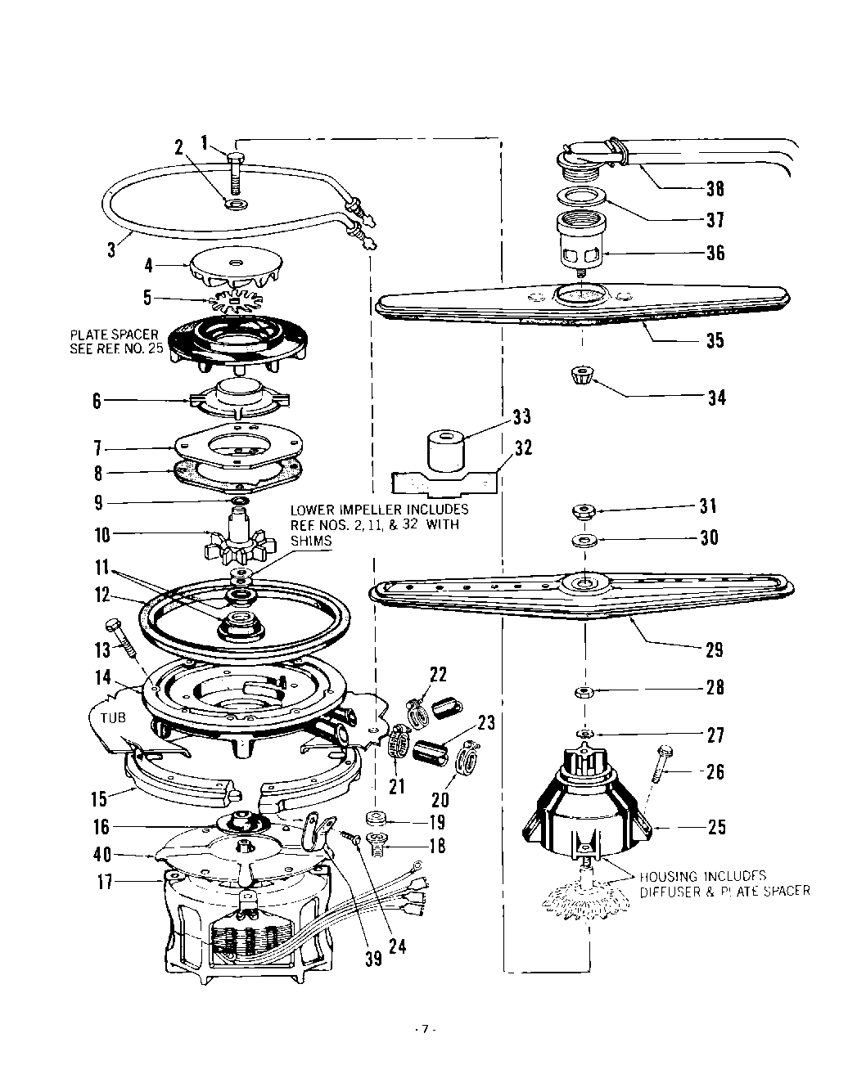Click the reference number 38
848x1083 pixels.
[715, 189]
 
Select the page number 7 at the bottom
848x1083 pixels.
[424, 1029]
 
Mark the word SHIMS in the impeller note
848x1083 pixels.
[310, 541]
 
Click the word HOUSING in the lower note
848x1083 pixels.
[672, 874]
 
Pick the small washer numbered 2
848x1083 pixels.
[236, 202]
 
